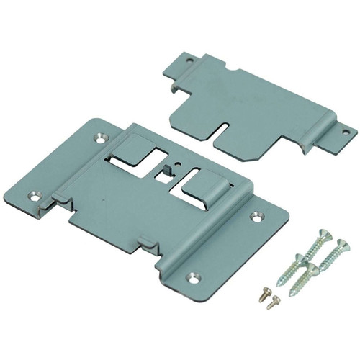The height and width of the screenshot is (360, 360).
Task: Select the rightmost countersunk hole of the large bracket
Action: [257, 215]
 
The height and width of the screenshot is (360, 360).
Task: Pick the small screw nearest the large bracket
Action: [264, 294]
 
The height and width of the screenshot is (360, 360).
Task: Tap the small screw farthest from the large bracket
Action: [271, 305]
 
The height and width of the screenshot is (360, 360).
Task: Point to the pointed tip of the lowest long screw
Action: [292, 295]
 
